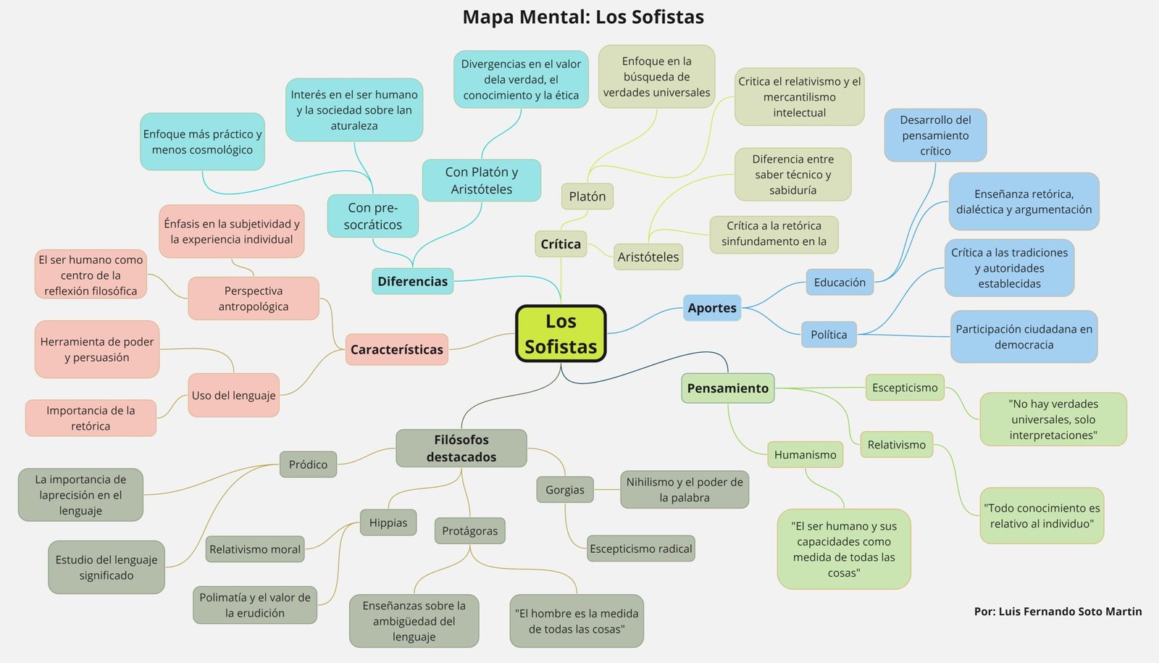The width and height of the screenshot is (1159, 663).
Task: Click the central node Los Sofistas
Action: [561, 333]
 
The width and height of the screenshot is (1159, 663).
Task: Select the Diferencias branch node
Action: [412, 281]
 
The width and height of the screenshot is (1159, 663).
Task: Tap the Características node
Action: [396, 349]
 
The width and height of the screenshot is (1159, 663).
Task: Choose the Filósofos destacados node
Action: [461, 448]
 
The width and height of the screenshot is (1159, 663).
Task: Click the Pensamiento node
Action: [727, 388]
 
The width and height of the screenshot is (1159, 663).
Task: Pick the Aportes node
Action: [712, 308]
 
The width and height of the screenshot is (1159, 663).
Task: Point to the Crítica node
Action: [561, 244]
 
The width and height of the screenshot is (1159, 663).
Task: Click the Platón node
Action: [587, 196]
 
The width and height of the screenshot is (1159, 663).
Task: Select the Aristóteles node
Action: [648, 257]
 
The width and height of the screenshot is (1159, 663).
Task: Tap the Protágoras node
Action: [469, 530]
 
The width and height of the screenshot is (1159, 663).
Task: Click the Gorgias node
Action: [564, 490]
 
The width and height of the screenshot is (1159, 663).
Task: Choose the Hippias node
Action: [388, 522]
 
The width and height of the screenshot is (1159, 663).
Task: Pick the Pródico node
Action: [308, 464]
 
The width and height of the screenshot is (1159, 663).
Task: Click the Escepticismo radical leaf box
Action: [640, 549]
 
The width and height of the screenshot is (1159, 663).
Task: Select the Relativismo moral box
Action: [255, 549]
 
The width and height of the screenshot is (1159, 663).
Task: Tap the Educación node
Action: [840, 282]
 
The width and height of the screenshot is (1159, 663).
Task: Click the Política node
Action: [829, 335]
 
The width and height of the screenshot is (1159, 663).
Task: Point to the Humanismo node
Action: [805, 454]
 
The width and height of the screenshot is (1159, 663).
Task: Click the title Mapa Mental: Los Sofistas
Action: [583, 17]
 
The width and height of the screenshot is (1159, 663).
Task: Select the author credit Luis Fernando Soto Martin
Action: [1058, 612]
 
